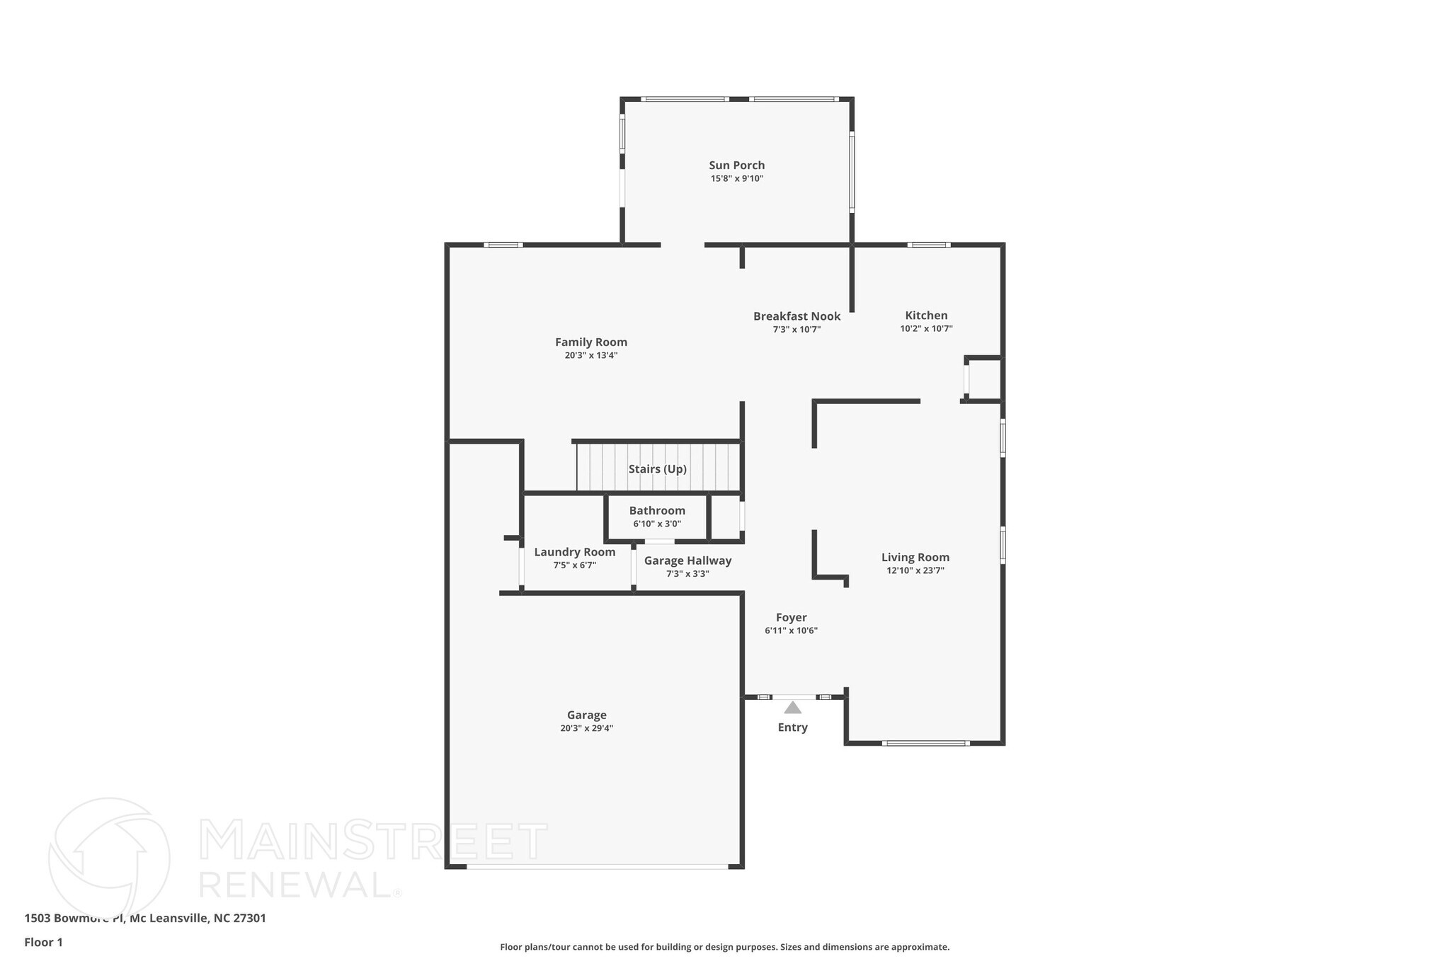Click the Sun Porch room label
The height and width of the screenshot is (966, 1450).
click(737, 166)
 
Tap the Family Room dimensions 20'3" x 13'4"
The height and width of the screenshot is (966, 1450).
click(591, 356)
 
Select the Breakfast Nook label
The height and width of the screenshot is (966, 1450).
click(797, 316)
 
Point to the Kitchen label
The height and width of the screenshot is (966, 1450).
click(926, 316)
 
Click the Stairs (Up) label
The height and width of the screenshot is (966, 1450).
click(658, 469)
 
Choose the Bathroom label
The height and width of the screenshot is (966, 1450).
click(657, 511)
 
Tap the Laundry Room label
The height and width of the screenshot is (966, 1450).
click(574, 552)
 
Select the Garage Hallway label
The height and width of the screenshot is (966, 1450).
click(687, 560)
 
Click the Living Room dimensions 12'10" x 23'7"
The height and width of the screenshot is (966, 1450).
click(915, 570)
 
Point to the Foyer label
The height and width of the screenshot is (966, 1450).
click(791, 618)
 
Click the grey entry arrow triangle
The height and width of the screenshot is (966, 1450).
click(792, 708)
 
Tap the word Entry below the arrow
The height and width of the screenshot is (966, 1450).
click(792, 728)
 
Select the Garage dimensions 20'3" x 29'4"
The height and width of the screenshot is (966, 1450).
click(586, 728)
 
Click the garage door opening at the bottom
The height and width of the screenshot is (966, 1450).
click(597, 866)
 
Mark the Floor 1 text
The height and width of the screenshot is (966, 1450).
click(43, 943)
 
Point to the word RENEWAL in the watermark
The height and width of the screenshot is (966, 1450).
click(295, 884)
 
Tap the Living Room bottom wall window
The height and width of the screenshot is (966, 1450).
click(925, 743)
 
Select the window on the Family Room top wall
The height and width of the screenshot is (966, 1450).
click(503, 245)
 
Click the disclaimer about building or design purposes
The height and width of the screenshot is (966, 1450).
click(724, 947)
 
